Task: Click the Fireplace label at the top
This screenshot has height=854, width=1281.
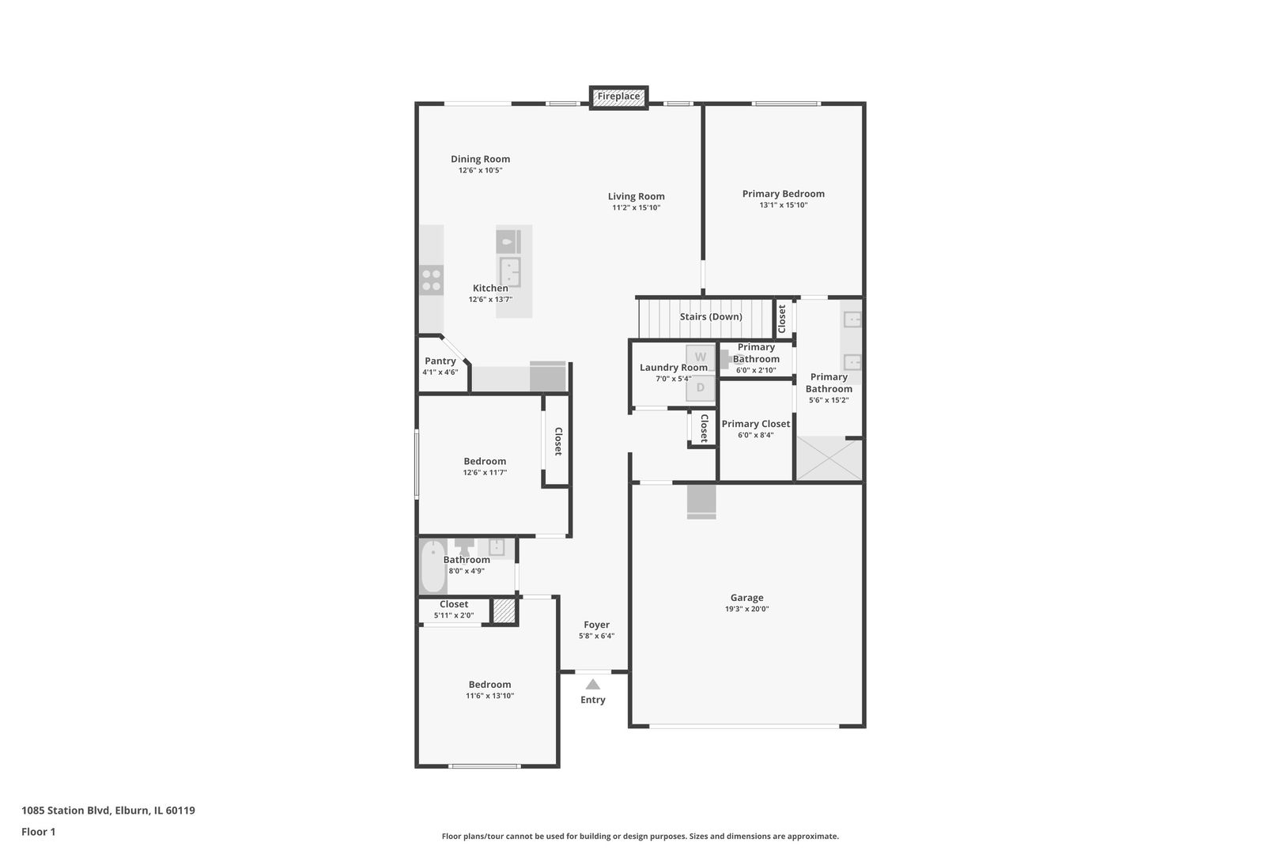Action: pyautogui.click(x=619, y=96)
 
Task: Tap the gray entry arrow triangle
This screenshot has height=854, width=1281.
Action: pyautogui.click(x=593, y=684)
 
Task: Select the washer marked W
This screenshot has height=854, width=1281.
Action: pyautogui.click(x=701, y=357)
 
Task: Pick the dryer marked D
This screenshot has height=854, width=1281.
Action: pyautogui.click(x=701, y=387)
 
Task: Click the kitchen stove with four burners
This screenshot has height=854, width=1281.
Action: pyautogui.click(x=431, y=280)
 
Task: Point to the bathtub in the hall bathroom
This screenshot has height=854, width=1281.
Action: pyautogui.click(x=433, y=566)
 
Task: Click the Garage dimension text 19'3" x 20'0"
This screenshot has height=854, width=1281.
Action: pyautogui.click(x=747, y=609)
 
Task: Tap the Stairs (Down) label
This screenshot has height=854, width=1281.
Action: pyautogui.click(x=711, y=316)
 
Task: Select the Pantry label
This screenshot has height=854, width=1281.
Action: pyautogui.click(x=440, y=361)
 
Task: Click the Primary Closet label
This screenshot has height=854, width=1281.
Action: pyautogui.click(x=755, y=424)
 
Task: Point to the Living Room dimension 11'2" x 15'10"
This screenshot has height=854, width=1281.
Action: pyautogui.click(x=636, y=208)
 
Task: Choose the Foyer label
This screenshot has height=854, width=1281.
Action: pyautogui.click(x=596, y=625)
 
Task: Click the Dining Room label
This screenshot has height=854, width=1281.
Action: pyautogui.click(x=481, y=159)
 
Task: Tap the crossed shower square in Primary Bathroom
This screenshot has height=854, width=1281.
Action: pyautogui.click(x=829, y=458)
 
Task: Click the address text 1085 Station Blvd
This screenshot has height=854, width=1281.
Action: pyautogui.click(x=65, y=810)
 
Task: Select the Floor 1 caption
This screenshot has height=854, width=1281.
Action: pyautogui.click(x=38, y=832)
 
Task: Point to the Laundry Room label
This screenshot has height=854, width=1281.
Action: pyautogui.click(x=674, y=367)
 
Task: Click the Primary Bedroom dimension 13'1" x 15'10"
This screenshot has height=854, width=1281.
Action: pyautogui.click(x=784, y=205)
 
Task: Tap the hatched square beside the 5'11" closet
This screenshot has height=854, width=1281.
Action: pyautogui.click(x=504, y=610)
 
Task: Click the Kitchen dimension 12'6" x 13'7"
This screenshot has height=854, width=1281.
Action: pyautogui.click(x=491, y=299)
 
